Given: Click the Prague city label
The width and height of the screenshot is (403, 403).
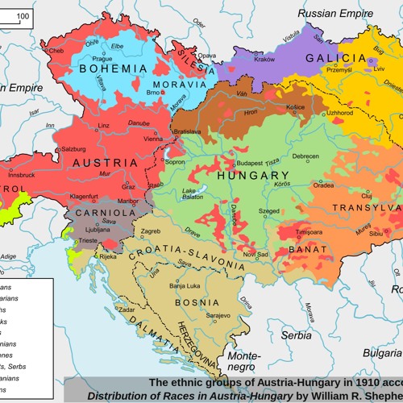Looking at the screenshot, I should [102, 59].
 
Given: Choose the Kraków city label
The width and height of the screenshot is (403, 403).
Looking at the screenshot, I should [264, 59].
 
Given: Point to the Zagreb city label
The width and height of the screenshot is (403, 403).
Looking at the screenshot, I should [152, 231].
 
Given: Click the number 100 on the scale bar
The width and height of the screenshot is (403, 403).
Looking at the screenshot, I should [23, 15].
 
